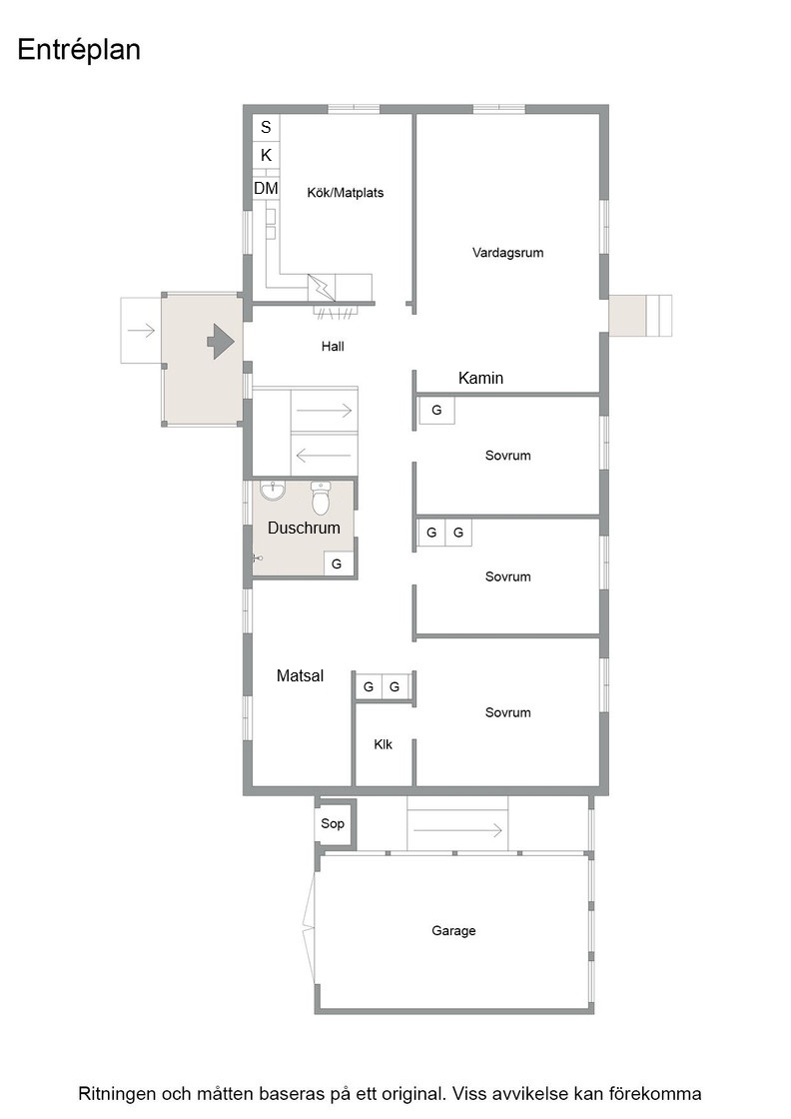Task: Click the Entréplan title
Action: coord(79,50)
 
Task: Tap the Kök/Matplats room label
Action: coord(346,193)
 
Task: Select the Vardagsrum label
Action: coord(507,253)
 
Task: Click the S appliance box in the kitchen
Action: coord(266,127)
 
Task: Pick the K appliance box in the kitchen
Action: coord(266,155)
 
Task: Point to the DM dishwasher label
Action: coord(266,189)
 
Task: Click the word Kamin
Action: coord(480,379)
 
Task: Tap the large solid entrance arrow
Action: coord(221,341)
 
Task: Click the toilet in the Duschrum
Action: coord(321,498)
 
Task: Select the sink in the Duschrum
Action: coord(272,491)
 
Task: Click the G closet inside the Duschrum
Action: coord(337,563)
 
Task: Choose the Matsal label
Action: coord(301,675)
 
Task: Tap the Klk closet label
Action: coord(384,745)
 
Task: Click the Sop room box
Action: coord(334,823)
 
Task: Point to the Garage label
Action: coord(453,930)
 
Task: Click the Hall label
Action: coord(333,347)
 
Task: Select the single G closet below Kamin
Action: coord(436,411)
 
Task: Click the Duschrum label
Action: coord(304,529)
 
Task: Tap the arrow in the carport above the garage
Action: coord(457,830)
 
